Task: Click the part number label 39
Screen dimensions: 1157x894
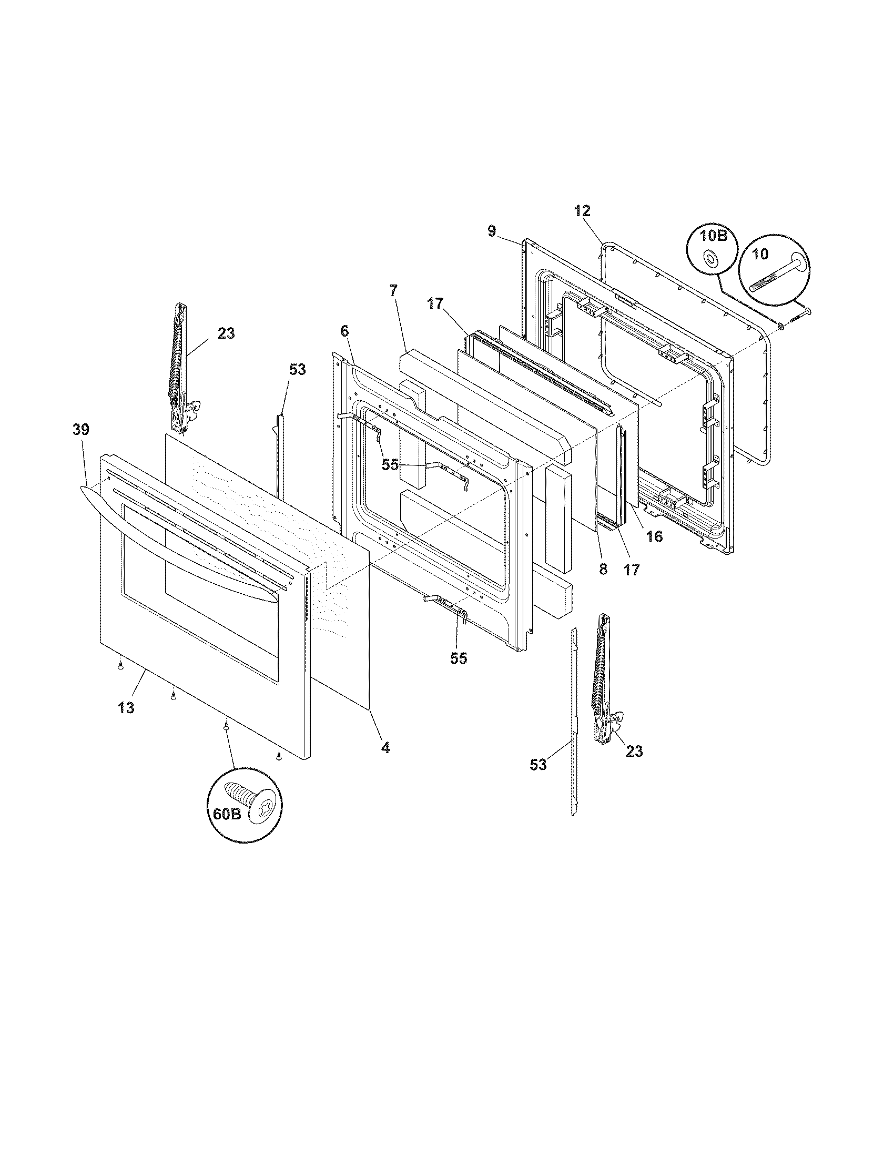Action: point(81,430)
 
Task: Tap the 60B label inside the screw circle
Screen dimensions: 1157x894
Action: point(227,813)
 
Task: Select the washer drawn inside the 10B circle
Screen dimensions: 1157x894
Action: point(707,259)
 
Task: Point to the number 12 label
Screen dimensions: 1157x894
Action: point(581,210)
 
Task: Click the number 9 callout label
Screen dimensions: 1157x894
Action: point(492,231)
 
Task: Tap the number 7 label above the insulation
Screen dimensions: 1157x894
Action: point(393,290)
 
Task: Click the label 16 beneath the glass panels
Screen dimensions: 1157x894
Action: point(654,536)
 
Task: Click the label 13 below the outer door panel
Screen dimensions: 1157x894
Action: point(126,707)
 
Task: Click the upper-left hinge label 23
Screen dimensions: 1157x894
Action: point(226,334)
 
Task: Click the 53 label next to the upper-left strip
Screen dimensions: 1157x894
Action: point(297,369)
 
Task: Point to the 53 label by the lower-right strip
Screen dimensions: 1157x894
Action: point(538,765)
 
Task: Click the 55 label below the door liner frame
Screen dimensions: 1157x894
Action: point(459,658)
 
